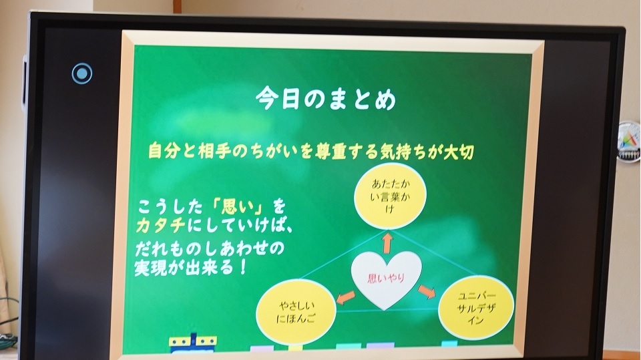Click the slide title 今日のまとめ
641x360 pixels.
point(326,100)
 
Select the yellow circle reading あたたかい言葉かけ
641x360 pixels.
point(390,196)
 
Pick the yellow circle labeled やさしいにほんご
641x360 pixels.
point(296,311)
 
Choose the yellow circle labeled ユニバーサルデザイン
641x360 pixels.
point(476,308)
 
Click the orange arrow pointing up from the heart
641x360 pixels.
point(387,243)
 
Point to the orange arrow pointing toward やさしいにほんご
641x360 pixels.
point(345,297)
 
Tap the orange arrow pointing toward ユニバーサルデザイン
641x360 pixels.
point(427,291)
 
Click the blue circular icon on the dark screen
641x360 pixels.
point(81,73)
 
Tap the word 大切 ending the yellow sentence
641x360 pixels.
point(459,152)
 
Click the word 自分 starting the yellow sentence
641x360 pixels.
point(164,150)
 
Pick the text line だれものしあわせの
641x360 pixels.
point(209,248)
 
